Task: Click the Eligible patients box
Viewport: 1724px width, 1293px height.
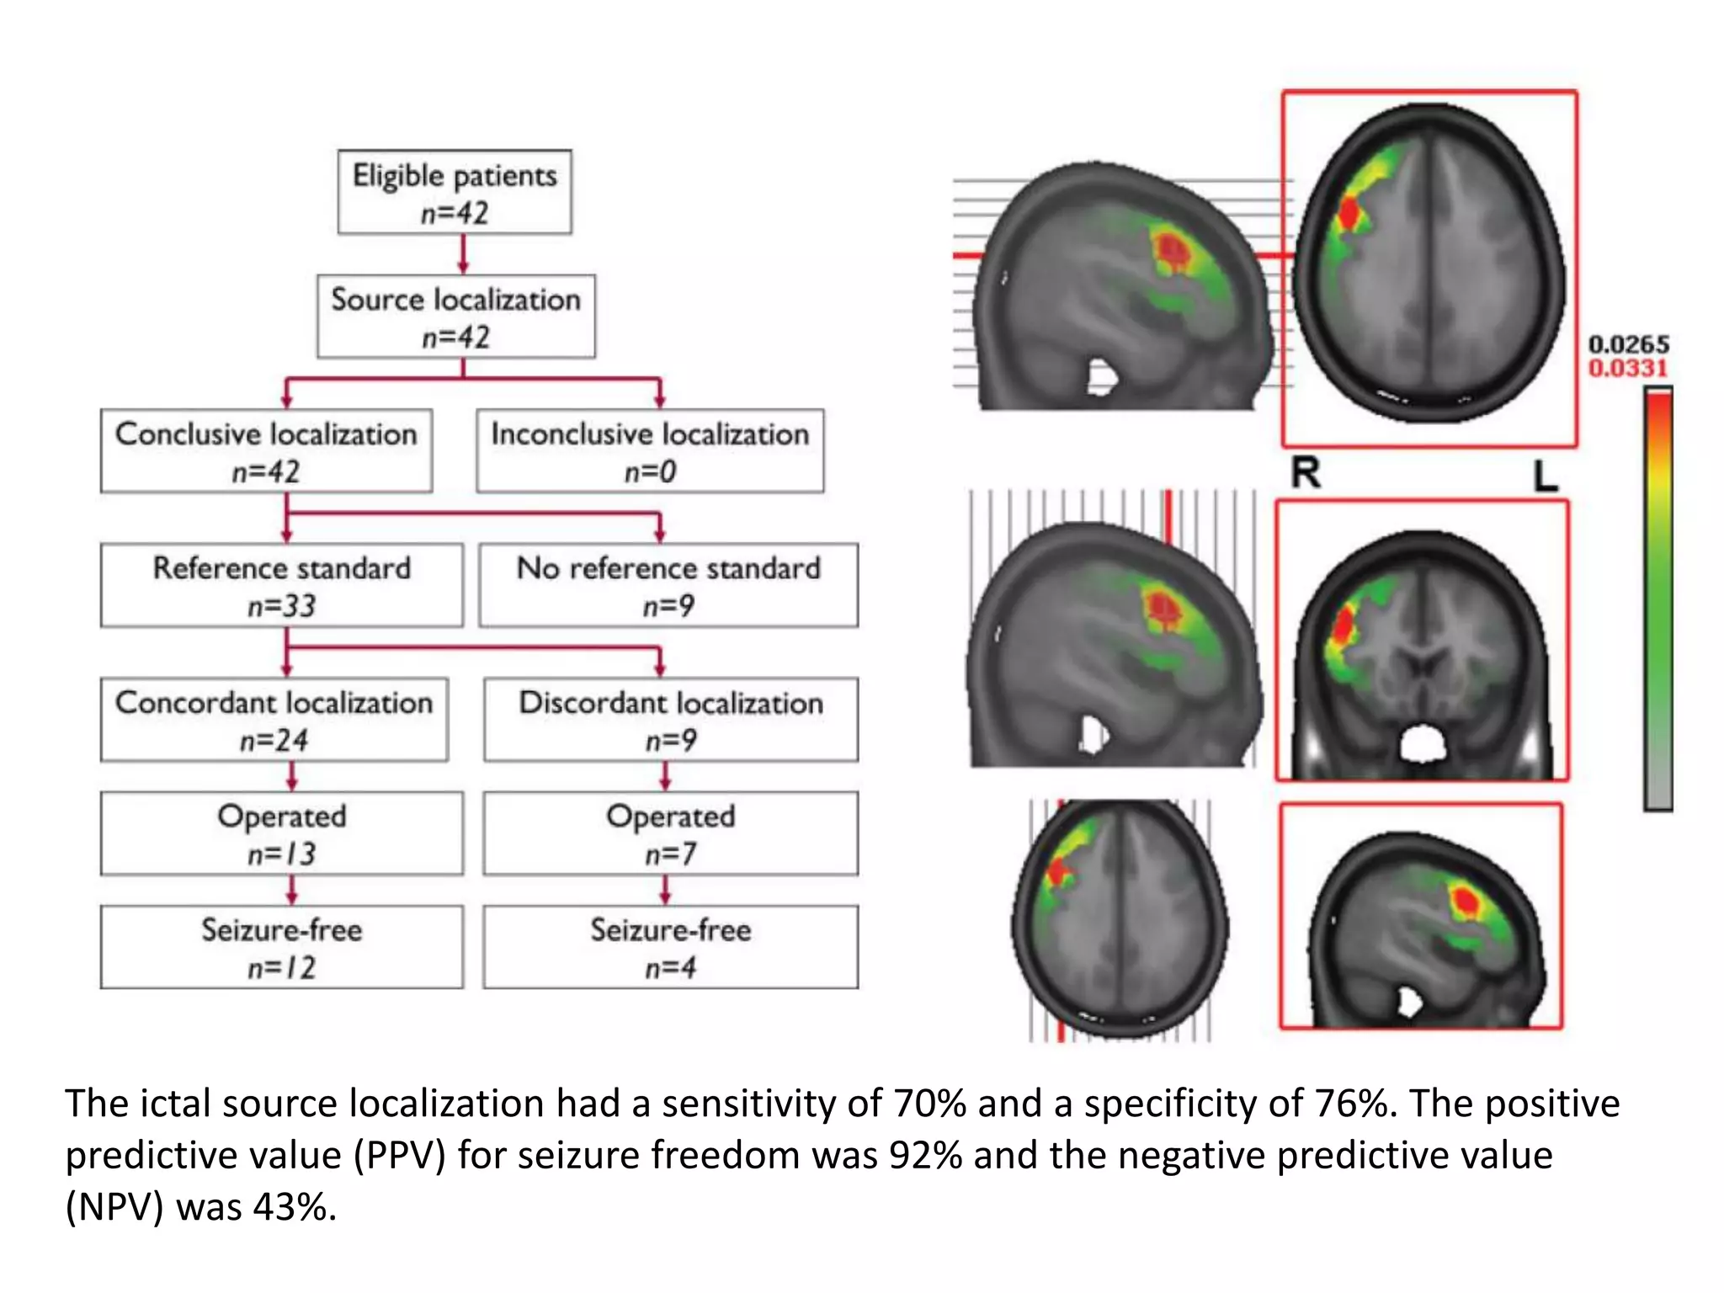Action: coord(455,192)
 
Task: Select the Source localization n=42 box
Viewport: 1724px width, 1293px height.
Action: coord(455,317)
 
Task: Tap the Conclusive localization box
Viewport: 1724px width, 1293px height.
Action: coord(266,451)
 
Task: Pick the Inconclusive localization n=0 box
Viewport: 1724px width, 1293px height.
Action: coord(650,451)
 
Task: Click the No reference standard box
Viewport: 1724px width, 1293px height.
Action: coord(668,586)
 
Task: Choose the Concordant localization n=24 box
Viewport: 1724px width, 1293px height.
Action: coord(274,720)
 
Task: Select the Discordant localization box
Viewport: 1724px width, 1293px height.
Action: coord(671,720)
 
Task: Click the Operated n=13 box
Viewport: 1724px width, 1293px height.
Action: coord(281,833)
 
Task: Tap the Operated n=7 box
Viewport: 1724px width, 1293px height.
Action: coord(671,833)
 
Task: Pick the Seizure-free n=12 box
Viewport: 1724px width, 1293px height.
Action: coord(281,947)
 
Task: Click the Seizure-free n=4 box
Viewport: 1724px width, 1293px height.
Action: coord(671,947)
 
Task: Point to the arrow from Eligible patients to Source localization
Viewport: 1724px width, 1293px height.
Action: coord(462,254)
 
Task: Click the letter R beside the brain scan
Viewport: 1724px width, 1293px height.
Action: coord(1306,473)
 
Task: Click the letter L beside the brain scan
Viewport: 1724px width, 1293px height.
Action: coord(1545,476)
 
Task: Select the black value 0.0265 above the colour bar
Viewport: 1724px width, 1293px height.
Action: coord(1628,344)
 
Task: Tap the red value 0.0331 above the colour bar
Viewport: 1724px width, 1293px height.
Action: coord(1628,368)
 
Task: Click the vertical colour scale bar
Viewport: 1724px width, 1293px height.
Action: coord(1657,599)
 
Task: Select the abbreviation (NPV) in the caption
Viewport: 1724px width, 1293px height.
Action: coord(114,1207)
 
